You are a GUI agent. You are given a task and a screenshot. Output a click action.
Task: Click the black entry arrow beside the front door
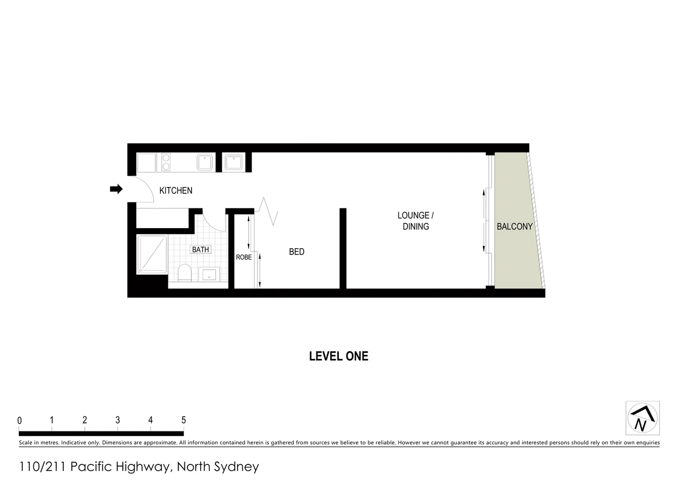tap(116, 189)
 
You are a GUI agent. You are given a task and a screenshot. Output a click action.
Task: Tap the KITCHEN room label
tap(176, 190)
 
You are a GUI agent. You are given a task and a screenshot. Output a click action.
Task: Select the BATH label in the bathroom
tap(201, 250)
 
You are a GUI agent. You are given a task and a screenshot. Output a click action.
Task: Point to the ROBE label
tap(244, 257)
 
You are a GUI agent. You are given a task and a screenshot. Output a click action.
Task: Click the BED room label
tap(297, 252)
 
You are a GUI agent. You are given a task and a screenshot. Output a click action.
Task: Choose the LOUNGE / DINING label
tap(415, 221)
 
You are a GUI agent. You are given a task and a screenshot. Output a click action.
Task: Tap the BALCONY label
tap(514, 226)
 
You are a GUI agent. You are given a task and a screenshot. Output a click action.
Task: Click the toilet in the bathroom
tap(184, 273)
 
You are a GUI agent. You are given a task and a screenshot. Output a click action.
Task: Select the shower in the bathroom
tap(152, 254)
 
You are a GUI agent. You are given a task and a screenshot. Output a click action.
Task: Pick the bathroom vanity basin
tap(209, 274)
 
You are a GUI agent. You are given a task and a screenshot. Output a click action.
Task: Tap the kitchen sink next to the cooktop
tap(205, 162)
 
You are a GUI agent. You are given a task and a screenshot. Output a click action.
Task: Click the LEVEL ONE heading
tap(339, 356)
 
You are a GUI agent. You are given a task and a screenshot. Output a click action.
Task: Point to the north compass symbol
tap(643, 418)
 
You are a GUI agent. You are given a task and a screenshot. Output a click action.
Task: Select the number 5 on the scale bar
tap(184, 420)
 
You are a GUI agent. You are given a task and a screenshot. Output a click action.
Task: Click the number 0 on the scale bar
tap(20, 421)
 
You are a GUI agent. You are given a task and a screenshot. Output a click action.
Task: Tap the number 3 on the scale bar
tap(118, 420)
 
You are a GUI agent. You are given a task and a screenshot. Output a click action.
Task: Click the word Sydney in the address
tap(237, 467)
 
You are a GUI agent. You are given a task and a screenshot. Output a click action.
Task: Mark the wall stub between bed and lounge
tap(343, 248)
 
